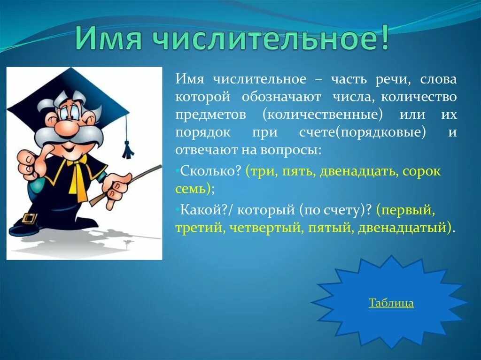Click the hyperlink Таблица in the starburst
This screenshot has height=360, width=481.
391,303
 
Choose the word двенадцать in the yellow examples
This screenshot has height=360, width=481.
359,171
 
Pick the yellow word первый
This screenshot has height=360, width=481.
407,211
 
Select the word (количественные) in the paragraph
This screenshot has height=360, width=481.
323,115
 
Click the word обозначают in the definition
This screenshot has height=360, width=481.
282,97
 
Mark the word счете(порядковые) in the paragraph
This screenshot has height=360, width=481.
363,132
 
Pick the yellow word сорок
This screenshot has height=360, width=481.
422,171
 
